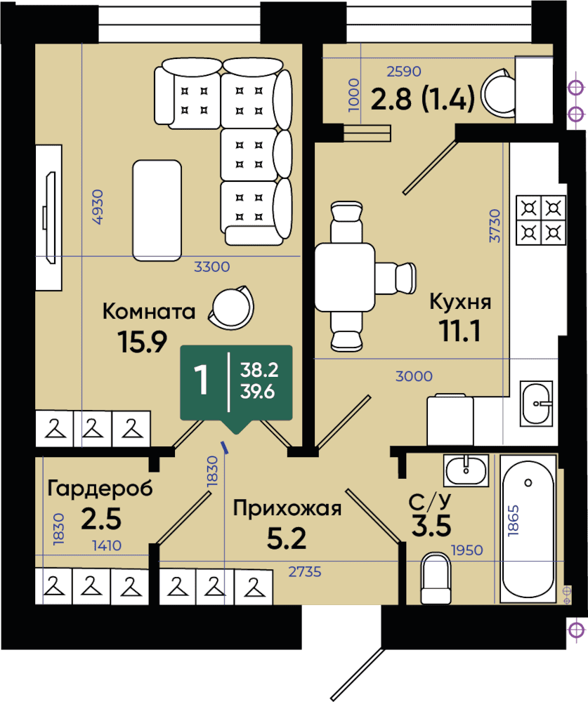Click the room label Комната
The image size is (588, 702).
tap(149, 311)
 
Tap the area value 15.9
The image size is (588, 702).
tap(142, 342)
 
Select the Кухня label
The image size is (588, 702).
tap(460, 302)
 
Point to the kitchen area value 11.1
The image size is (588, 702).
tap(460, 331)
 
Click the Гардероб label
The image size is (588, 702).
tap(100, 489)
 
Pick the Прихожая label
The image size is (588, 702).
tap(287, 508)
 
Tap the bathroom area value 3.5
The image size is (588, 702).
tap(431, 526)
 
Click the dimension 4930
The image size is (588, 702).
tap(97, 207)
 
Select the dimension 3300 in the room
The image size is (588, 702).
tap(212, 267)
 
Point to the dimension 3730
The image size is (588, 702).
tap(495, 225)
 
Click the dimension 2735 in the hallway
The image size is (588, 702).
tap(305, 571)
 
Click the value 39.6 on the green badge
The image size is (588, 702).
tap(258, 392)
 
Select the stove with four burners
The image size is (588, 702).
tap(542, 220)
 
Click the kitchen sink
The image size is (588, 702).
tap(537, 404)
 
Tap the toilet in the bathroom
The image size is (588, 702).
tap(436, 578)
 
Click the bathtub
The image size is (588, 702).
tap(528, 529)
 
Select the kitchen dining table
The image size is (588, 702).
tap(345, 277)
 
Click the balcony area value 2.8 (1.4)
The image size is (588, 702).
tap(422, 98)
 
